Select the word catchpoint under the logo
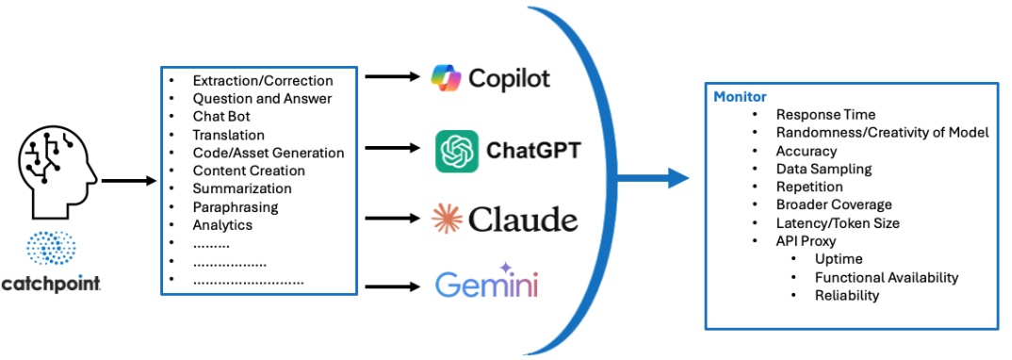tap(51, 284)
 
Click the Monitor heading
tap(740, 97)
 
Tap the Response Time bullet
tap(825, 115)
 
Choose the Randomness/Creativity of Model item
tap(882, 133)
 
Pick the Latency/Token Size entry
tap(837, 223)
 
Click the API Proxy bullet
tap(807, 241)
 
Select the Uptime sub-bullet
tap(839, 259)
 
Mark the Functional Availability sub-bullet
tap(886, 277)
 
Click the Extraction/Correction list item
tap(263, 81)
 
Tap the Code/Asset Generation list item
tap(269, 153)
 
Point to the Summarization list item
tap(242, 188)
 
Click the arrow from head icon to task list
tap(128, 178)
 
